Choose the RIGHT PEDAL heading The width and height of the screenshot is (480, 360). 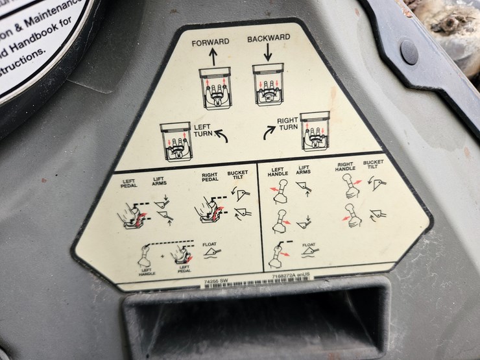(209, 178)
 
